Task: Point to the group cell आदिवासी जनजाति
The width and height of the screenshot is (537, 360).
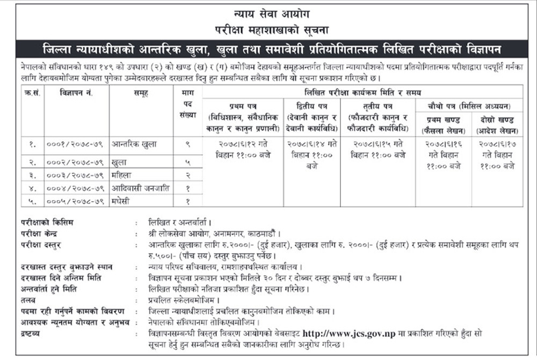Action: coord(137,188)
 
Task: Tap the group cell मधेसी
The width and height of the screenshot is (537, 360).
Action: coord(121,201)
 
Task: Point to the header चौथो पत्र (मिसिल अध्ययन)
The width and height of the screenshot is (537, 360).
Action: coord(468,106)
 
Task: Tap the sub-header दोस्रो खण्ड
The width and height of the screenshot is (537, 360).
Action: coord(497,119)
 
